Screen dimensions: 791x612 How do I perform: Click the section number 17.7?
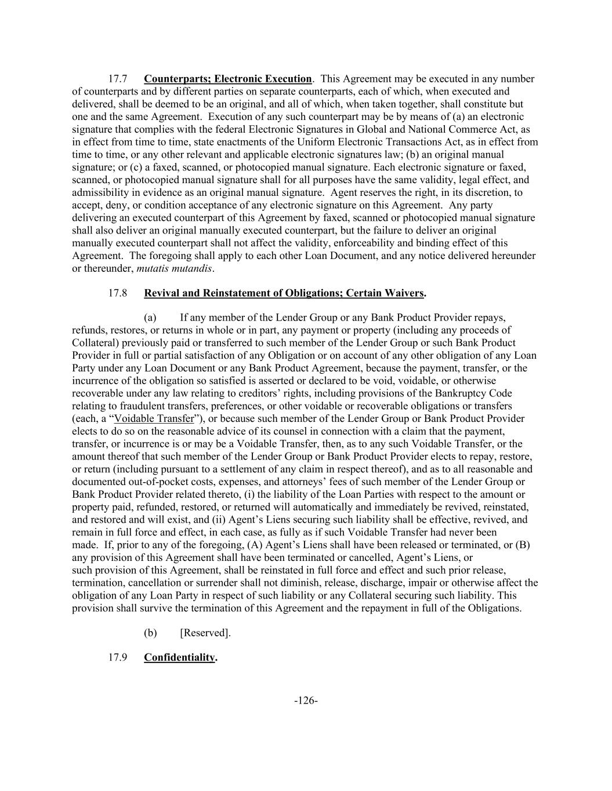tap(118, 79)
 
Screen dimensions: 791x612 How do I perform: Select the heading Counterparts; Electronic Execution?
tap(227, 79)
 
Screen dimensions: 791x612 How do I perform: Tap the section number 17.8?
tap(118, 293)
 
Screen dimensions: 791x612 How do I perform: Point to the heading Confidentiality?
tap(179, 658)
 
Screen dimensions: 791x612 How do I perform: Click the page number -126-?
tap(306, 701)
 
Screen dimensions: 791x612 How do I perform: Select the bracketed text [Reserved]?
tap(205, 633)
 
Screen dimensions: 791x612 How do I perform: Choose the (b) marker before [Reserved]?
tap(150, 633)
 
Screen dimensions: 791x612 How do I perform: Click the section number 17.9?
tap(118, 658)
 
